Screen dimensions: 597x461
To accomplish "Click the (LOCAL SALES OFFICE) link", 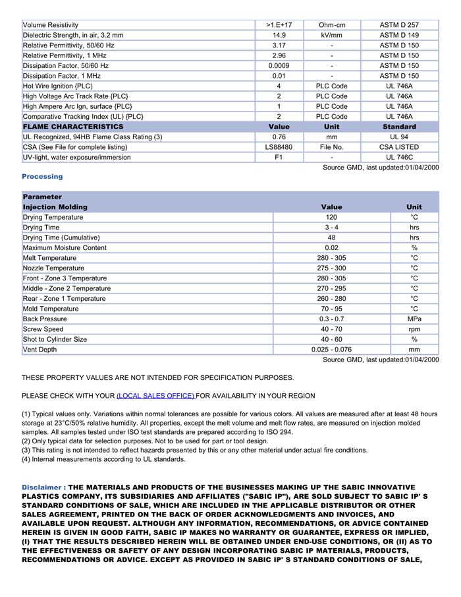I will pyautogui.click(x=155, y=396).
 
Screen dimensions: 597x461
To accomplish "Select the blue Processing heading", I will pyautogui.click(x=42, y=177).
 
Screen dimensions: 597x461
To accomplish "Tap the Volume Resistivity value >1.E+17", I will pyautogui.click(x=279, y=25).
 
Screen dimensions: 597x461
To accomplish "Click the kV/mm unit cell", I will pyautogui.click(x=332, y=35).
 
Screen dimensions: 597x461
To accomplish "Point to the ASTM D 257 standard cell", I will pyautogui.click(x=399, y=25).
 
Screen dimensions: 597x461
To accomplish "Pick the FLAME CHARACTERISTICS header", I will pyautogui.click(x=73, y=127).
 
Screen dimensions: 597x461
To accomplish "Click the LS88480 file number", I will pyautogui.click(x=279, y=147).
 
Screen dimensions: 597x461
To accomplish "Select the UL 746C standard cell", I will pyautogui.click(x=399, y=157).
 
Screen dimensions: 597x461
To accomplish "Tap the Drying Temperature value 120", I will pyautogui.click(x=331, y=217).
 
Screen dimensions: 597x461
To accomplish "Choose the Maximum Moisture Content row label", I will pyautogui.click(x=65, y=248).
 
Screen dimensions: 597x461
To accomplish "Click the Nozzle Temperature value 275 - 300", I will pyautogui.click(x=331, y=268).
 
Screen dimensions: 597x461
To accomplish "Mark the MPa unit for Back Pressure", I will pyautogui.click(x=414, y=319).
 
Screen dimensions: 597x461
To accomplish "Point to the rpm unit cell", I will pyautogui.click(x=414, y=329).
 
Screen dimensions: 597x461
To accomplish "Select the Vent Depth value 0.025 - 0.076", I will pyautogui.click(x=331, y=350).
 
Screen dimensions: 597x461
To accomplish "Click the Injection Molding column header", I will pyautogui.click(x=55, y=207).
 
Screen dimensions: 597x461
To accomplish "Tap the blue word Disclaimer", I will pyautogui.click(x=43, y=487).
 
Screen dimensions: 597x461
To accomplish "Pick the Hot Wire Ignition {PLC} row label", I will pyautogui.click(x=58, y=86).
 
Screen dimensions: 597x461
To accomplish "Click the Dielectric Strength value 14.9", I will pyautogui.click(x=279, y=35).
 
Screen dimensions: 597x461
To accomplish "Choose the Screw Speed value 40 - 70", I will pyautogui.click(x=331, y=329).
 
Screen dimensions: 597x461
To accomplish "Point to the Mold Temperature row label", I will pyautogui.click(x=51, y=309).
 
